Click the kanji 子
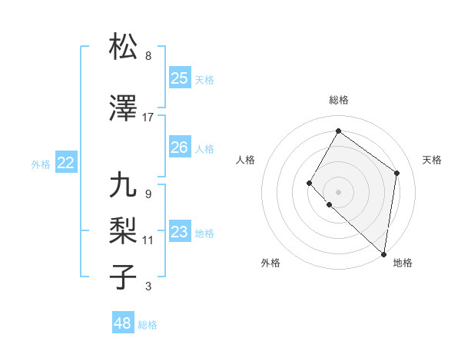tap(123, 276)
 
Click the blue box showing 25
tap(179, 78)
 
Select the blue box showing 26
tap(179, 147)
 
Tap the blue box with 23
tap(179, 232)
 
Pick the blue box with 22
tap(65, 162)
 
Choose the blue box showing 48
tap(122, 323)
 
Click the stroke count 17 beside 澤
tap(148, 118)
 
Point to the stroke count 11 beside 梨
tap(148, 240)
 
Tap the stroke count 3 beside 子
tap(148, 286)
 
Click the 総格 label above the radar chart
tap(338, 100)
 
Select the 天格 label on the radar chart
tap(432, 160)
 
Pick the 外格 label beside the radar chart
tap(270, 263)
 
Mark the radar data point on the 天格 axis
tap(397, 173)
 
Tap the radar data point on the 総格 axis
tap(338, 131)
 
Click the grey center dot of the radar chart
tap(338, 191)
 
